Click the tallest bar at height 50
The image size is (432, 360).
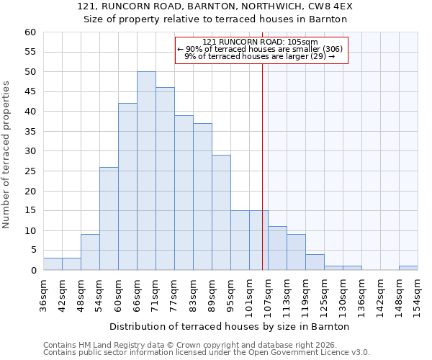coord(146,171)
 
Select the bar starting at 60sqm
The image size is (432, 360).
coord(127,186)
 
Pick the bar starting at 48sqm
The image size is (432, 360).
coord(90,252)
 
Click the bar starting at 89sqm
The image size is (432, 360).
coord(221,212)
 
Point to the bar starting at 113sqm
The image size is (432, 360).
coord(296,252)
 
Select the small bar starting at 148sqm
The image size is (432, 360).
coord(408,268)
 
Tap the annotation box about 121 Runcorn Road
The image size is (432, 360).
coord(261,50)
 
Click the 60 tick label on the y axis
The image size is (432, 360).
coord(30,32)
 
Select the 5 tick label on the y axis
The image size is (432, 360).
coord(33,251)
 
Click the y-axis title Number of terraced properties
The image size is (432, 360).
coord(6,154)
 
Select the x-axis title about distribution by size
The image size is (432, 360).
coord(230,326)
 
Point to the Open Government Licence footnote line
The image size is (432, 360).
coord(206,352)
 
